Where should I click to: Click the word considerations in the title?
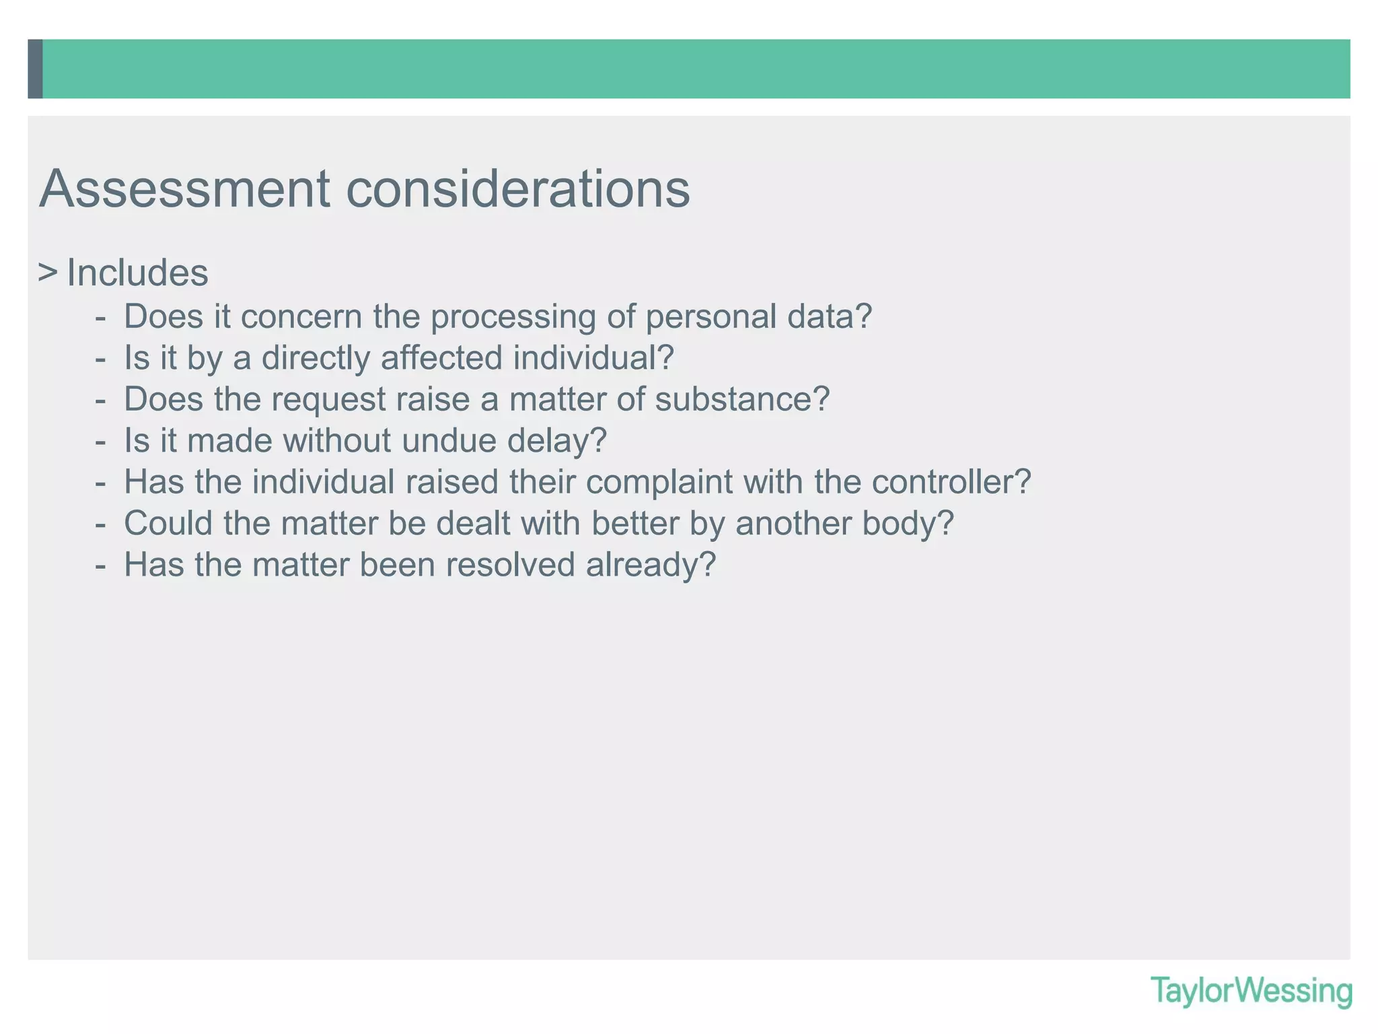click(518, 189)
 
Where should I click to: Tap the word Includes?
click(138, 273)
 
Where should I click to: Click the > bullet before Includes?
click(47, 273)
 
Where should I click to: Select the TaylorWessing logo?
click(1251, 991)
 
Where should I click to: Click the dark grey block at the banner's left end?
click(36, 69)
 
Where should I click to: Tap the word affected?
click(441, 357)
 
